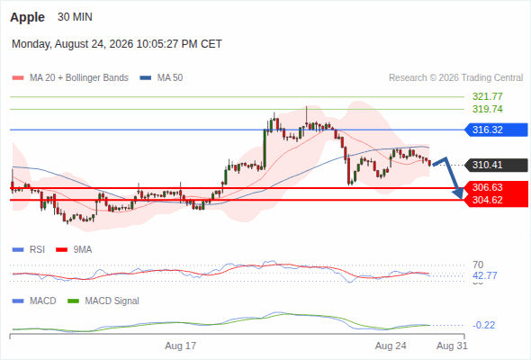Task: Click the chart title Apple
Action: coord(27,17)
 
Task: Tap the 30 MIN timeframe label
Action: coord(75,17)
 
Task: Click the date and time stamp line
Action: coord(117,44)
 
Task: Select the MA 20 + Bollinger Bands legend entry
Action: coord(70,78)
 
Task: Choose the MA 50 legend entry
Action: coord(161,78)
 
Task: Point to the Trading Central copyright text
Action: coord(455,78)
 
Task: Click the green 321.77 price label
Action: coord(487,96)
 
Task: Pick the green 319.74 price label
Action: coord(487,109)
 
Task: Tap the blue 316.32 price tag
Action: coord(496,130)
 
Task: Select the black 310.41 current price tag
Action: coord(496,165)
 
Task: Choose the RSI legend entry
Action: coord(29,250)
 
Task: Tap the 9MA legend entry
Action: coord(74,250)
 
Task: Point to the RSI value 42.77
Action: coord(485,275)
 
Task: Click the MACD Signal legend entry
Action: coord(103,301)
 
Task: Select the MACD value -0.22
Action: coord(483,325)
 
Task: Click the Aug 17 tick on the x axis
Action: coord(181,346)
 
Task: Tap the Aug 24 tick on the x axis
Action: coord(391,346)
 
